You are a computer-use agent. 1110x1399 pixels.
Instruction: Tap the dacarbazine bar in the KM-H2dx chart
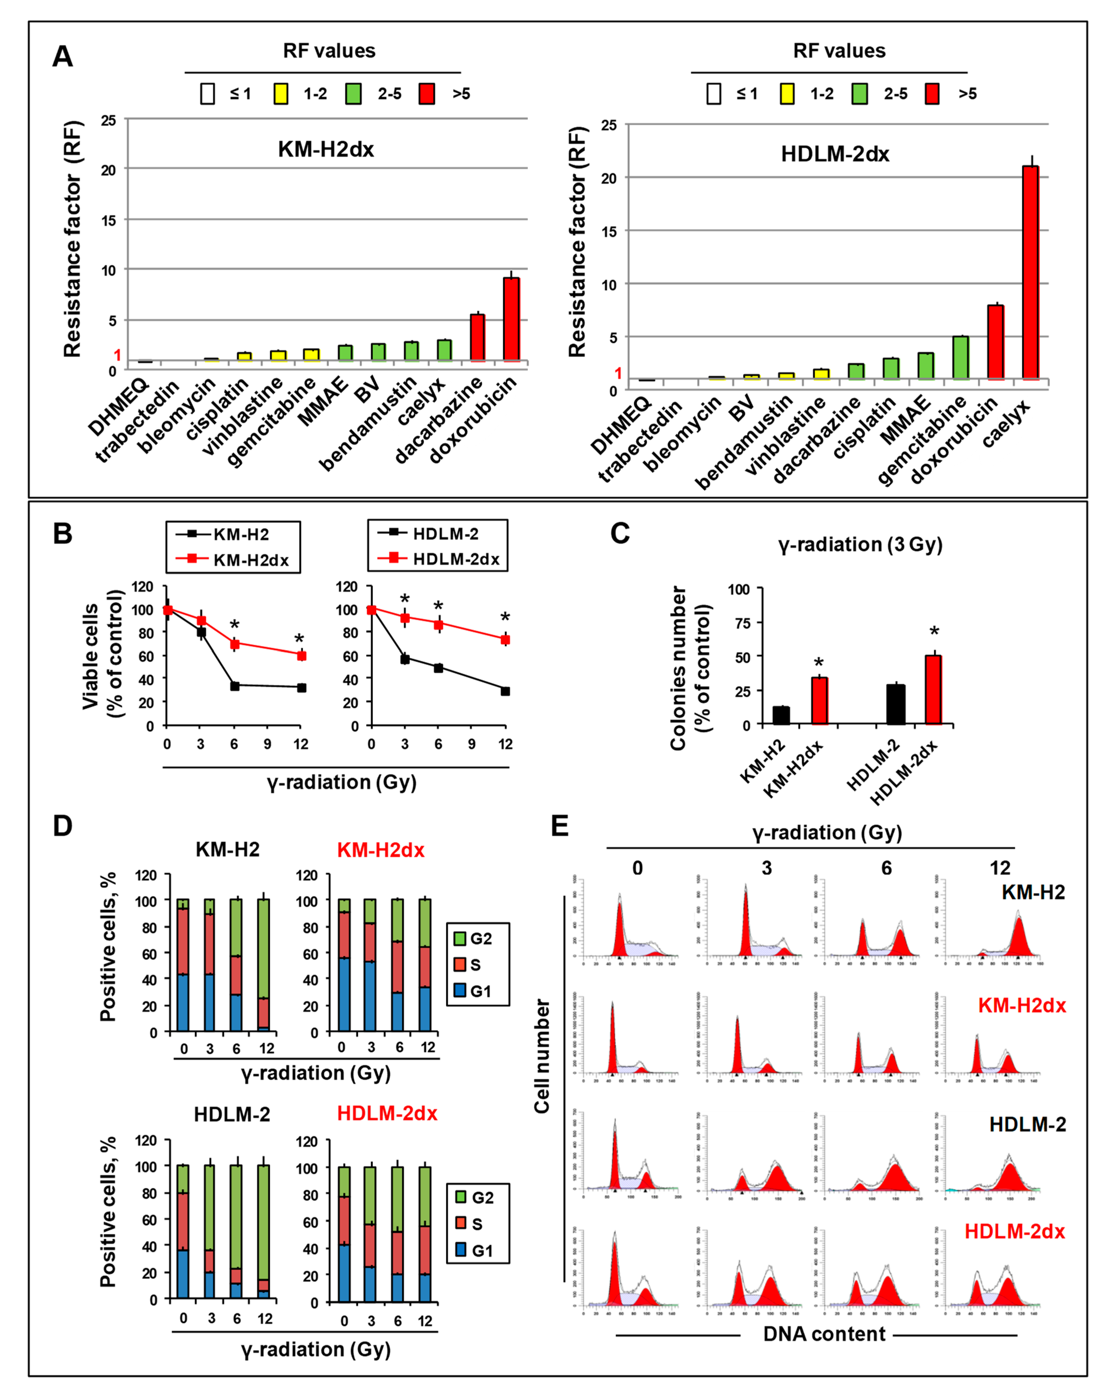(x=478, y=337)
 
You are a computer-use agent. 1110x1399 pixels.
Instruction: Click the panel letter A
(x=62, y=56)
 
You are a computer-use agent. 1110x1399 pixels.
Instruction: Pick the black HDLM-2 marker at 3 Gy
(x=405, y=659)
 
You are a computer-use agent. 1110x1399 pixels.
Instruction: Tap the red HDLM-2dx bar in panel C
(x=933, y=689)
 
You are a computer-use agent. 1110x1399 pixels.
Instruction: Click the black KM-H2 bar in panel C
(x=781, y=715)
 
